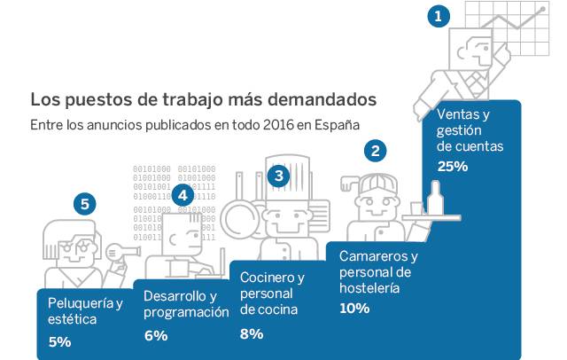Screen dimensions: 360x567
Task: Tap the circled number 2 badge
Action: (376, 151)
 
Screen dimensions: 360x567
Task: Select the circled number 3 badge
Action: (279, 176)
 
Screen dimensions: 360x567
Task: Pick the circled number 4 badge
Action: (182, 194)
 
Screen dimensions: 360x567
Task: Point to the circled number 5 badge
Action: (84, 205)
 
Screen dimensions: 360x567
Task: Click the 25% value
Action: (452, 166)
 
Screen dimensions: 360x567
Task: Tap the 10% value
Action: (354, 308)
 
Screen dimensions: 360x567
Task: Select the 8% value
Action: (252, 333)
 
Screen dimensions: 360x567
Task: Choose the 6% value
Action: (155, 335)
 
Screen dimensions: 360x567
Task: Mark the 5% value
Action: (59, 340)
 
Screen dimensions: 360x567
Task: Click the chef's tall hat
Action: (286, 173)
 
